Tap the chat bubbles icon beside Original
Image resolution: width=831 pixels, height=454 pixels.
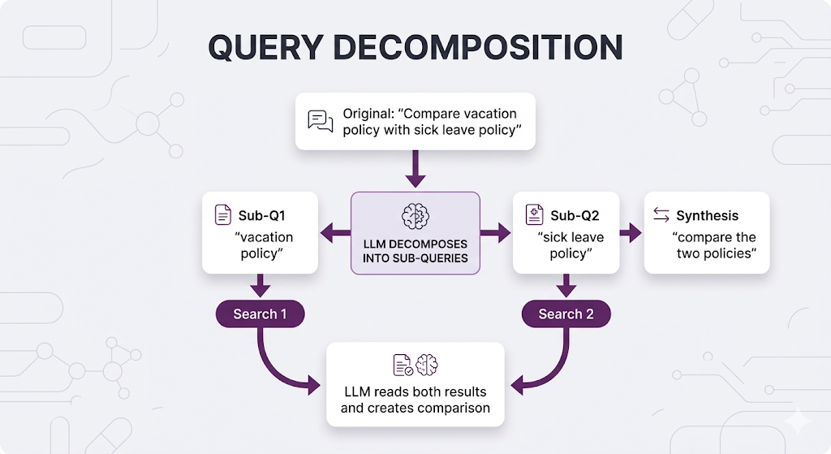(x=321, y=121)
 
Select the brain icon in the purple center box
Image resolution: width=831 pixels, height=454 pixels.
(x=415, y=215)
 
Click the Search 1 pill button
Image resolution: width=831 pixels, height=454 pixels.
(x=260, y=314)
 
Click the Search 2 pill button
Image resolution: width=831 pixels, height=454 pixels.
(x=566, y=314)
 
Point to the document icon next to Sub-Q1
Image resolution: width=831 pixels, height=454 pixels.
(x=222, y=215)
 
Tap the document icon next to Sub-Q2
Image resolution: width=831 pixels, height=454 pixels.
(x=535, y=215)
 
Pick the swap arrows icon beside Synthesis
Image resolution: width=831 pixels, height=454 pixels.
(x=661, y=215)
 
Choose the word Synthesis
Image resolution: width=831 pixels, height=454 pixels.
(x=708, y=215)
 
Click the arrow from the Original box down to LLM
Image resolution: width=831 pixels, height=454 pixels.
(x=415, y=170)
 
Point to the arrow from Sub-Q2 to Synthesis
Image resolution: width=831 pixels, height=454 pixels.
(x=631, y=232)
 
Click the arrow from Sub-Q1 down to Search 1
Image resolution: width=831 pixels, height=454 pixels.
(x=260, y=286)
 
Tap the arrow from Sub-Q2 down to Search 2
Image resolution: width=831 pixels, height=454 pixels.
(x=566, y=286)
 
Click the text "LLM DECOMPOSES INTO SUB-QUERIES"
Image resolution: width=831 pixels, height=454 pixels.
(x=415, y=251)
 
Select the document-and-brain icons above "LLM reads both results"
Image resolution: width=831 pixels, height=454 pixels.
(x=415, y=365)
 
